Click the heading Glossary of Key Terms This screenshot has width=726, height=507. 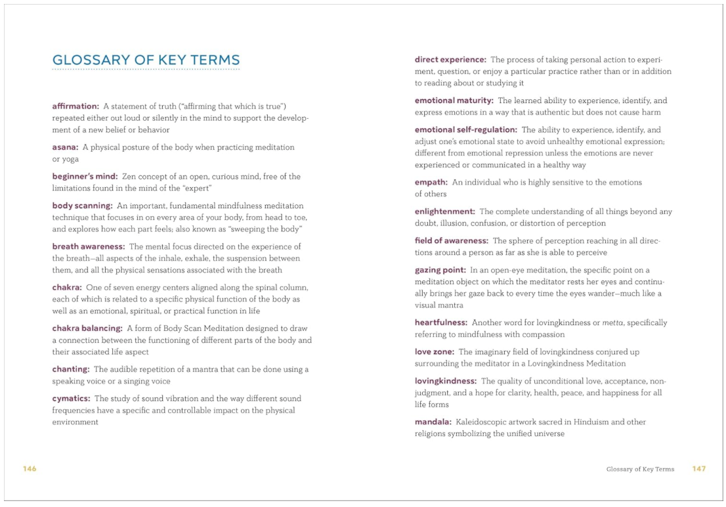click(x=146, y=60)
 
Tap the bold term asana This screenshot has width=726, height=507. click(x=65, y=147)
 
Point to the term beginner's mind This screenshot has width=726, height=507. click(x=85, y=177)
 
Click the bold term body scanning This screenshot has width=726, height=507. click(x=82, y=206)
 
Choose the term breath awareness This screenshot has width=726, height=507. click(x=88, y=247)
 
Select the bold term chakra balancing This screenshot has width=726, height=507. click(x=87, y=328)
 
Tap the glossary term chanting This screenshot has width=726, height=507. click(x=71, y=369)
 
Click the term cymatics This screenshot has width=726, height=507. click(x=72, y=399)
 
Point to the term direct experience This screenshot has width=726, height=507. click(x=450, y=60)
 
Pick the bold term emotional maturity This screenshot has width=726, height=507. click(x=454, y=100)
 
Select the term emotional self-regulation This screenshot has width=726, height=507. click(x=465, y=130)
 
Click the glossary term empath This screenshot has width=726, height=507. click(x=431, y=182)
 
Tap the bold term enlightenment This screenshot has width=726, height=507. click(x=444, y=211)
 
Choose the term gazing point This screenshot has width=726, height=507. click(x=440, y=270)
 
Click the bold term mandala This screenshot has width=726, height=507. click(x=433, y=422)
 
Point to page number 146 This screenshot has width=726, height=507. click(x=30, y=468)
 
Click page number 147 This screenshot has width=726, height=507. click(x=698, y=468)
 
